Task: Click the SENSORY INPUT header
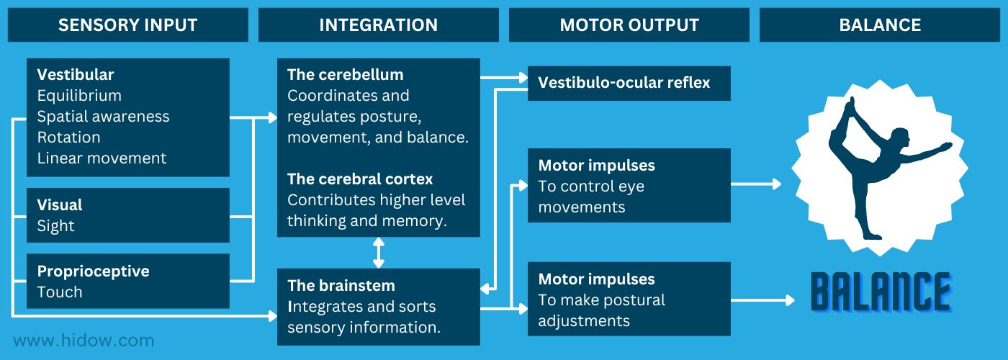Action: point(127,25)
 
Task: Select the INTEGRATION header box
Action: point(378,25)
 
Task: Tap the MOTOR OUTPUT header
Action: point(629,25)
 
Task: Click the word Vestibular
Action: point(76,75)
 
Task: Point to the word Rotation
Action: point(68,138)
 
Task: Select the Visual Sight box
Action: point(127,215)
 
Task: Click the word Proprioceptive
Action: point(93,271)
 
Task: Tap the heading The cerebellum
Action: point(345,75)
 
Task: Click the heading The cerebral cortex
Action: point(360,179)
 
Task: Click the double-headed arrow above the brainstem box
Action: point(379,253)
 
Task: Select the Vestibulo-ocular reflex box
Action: point(629,83)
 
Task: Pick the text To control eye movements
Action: point(590,197)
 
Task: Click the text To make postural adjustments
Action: point(601,310)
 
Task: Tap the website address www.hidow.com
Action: point(84,340)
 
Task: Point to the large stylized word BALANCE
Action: point(881,292)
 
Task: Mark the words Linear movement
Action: point(102,158)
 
